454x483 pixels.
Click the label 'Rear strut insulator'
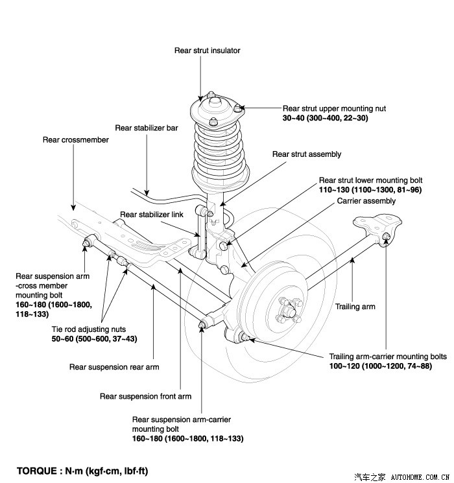click(x=208, y=50)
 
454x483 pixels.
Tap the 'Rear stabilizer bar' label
click(x=147, y=128)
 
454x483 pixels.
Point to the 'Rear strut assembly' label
click(x=307, y=154)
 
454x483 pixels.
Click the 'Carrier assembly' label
click(x=366, y=201)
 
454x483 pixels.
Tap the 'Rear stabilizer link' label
click(x=152, y=215)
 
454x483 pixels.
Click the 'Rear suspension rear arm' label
click(x=114, y=367)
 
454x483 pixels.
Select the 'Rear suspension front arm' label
click(x=145, y=396)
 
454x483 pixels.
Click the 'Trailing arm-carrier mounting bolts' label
click(x=388, y=357)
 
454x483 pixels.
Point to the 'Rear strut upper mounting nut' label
click(x=334, y=109)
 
